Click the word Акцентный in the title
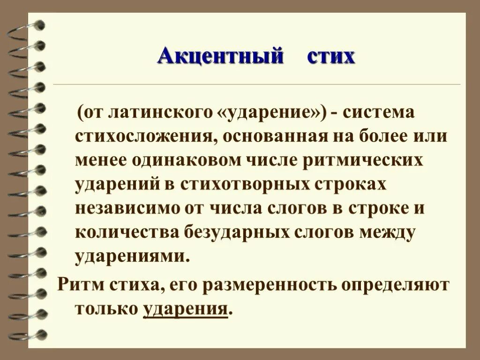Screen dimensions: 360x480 (x=221, y=57)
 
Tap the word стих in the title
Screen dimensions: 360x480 (x=330, y=57)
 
